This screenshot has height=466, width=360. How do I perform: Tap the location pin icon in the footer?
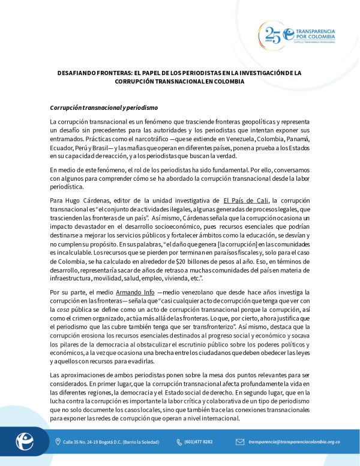[57, 442]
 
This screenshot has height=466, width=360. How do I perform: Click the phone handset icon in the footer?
[179, 442]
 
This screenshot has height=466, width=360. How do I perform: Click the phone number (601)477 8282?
[199, 442]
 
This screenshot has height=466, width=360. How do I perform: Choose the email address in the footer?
[294, 442]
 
